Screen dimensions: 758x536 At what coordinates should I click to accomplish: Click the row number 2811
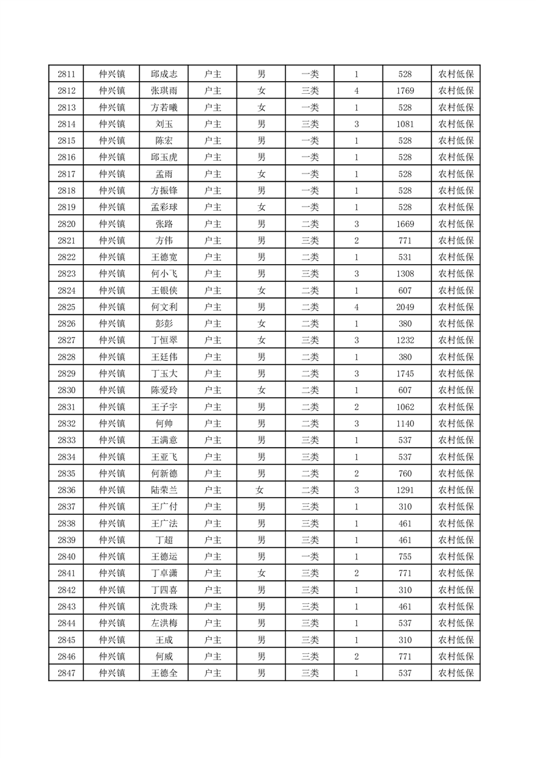[x=66, y=74]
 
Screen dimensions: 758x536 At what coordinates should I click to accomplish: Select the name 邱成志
[x=164, y=74]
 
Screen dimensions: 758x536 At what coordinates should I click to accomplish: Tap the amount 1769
[x=406, y=91]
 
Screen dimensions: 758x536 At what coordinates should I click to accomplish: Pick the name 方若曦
[x=164, y=107]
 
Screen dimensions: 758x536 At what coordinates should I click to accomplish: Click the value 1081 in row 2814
[x=406, y=124]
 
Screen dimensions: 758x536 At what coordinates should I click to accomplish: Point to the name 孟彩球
[x=164, y=207]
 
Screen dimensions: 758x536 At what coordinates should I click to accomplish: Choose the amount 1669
[x=406, y=224]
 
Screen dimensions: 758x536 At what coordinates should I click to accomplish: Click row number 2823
[x=66, y=274]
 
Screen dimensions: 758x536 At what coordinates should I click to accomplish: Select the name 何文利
[x=164, y=307]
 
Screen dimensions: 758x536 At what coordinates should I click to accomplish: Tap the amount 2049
[x=406, y=307]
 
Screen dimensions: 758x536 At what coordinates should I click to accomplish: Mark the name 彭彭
[x=164, y=324]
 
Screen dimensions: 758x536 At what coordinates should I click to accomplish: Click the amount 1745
[x=406, y=374]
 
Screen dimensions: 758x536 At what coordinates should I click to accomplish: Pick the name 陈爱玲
[x=164, y=390]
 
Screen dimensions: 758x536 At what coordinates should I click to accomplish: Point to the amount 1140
[x=406, y=424]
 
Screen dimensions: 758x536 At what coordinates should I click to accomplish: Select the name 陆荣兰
[x=164, y=490]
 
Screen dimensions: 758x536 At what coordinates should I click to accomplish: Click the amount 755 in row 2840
[x=406, y=557]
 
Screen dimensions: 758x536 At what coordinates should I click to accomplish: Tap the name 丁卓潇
[x=164, y=574]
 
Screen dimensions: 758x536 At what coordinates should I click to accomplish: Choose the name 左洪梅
[x=164, y=623]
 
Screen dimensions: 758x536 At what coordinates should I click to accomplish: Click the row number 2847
[x=66, y=673]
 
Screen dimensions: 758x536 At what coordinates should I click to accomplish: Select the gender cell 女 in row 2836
[x=261, y=490]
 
